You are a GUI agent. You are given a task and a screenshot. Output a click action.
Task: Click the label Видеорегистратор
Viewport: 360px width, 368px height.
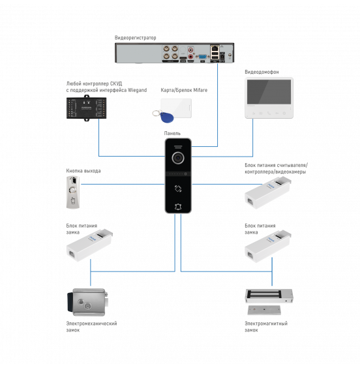tap(135, 38)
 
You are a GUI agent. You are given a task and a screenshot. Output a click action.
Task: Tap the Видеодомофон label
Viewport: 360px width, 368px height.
tap(262, 72)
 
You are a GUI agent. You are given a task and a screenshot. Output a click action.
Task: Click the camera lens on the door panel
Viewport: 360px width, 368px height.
tap(178, 158)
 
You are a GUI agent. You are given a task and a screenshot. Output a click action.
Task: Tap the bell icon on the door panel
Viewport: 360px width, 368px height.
tap(178, 207)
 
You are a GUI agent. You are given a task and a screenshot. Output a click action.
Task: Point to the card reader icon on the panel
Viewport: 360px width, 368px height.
tap(178, 189)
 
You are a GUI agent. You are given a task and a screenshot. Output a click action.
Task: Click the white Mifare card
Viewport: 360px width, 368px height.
tap(176, 108)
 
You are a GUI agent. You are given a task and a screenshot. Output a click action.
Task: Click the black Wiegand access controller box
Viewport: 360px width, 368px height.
tap(86, 108)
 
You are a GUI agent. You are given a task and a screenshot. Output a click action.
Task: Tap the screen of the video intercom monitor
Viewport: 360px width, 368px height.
tap(269, 91)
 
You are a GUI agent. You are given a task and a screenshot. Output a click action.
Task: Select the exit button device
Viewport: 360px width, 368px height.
tap(73, 192)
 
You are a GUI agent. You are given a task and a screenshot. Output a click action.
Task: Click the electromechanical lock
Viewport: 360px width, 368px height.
tap(87, 302)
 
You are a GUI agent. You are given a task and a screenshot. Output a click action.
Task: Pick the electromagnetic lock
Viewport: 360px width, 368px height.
tap(269, 301)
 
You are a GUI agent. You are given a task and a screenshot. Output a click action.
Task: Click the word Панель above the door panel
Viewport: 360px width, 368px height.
tap(172, 133)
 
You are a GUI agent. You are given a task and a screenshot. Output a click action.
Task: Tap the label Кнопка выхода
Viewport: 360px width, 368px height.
tap(83, 171)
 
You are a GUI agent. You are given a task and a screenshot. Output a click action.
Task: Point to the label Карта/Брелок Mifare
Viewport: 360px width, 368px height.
tap(184, 90)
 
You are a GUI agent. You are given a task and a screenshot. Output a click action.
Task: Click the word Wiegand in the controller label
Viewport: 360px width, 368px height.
tap(138, 90)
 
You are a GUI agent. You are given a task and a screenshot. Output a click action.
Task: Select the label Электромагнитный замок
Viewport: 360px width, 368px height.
tap(266, 327)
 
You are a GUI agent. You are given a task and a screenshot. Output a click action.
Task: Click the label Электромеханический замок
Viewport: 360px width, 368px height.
tap(91, 327)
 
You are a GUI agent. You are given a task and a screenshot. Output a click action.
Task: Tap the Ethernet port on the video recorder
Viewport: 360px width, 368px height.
tap(215, 48)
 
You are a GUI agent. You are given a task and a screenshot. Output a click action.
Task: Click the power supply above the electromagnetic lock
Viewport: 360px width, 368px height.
tap(268, 246)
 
